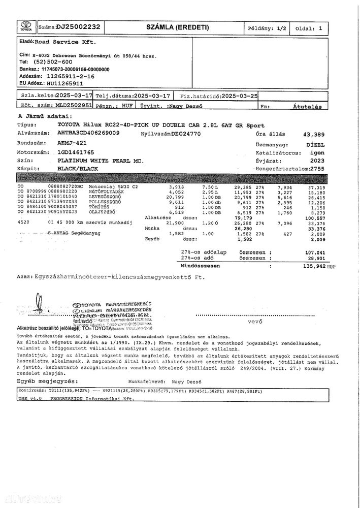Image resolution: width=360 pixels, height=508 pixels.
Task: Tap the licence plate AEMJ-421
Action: tap(73, 143)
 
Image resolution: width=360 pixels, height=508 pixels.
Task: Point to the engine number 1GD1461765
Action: tap(76, 152)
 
